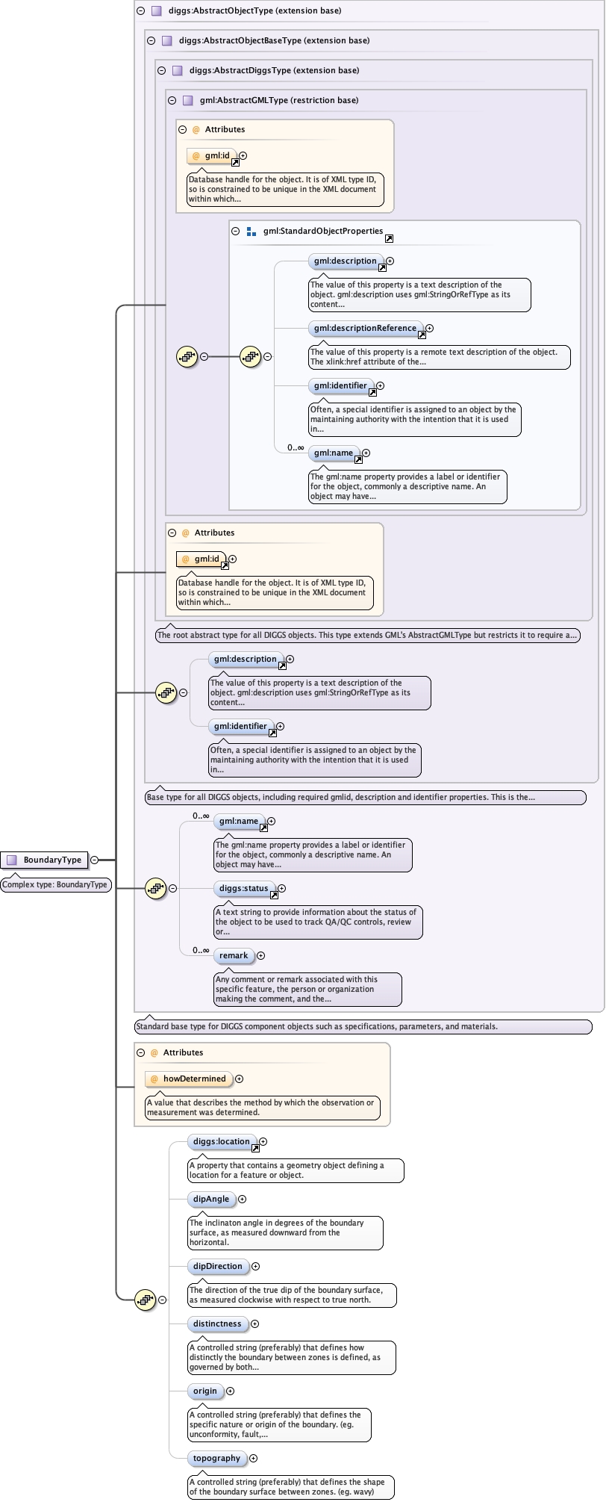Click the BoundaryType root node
(x=45, y=860)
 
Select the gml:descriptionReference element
(x=365, y=328)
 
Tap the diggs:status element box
(x=243, y=888)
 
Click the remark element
(x=234, y=955)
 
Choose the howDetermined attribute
(x=194, y=1079)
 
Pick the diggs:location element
(x=221, y=1141)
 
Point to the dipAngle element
(x=211, y=1199)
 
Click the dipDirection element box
(x=217, y=1266)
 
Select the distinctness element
(x=217, y=1323)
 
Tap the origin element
(x=205, y=1391)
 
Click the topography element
(x=216, y=1458)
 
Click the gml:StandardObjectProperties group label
(x=322, y=231)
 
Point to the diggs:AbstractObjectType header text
(x=255, y=10)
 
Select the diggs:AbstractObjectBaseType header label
(x=274, y=40)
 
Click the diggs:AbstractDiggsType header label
(x=274, y=70)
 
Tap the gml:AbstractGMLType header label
(x=279, y=100)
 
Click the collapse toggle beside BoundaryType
(x=95, y=860)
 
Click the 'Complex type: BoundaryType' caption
(x=56, y=884)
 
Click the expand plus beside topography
(x=253, y=1458)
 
